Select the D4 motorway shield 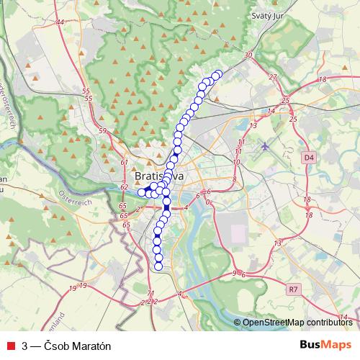tap(310, 156)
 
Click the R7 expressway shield tap(292, 289)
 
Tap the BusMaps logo tap(325, 344)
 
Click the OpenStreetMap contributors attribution tap(297, 323)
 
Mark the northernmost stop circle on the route tap(218, 73)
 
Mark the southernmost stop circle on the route tap(159, 267)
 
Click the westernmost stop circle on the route tap(142, 192)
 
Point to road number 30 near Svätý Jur tap(249, 55)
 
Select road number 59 tap(102, 131)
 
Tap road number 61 tap(124, 164)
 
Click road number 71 tap(150, 293)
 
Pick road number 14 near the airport tap(271, 111)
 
